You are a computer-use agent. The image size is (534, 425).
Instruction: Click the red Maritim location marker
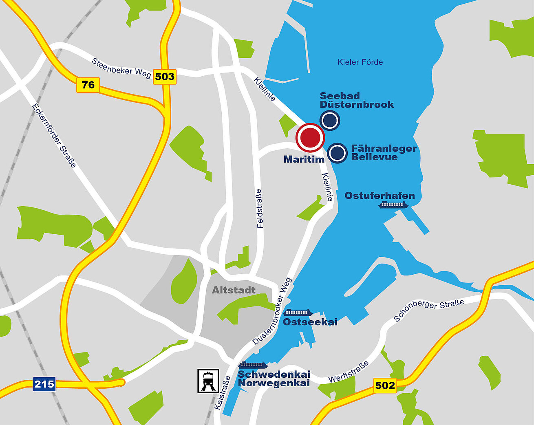[x=310, y=138]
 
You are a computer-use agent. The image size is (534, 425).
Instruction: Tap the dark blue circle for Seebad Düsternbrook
[x=330, y=120]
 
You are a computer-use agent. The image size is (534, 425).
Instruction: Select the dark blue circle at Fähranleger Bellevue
[x=337, y=153]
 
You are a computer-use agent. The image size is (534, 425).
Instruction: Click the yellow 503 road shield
[x=165, y=76]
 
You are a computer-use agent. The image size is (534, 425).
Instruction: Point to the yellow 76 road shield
[x=88, y=85]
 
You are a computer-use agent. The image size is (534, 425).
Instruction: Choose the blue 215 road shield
[x=44, y=384]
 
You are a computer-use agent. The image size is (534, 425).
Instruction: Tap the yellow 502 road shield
[x=385, y=385]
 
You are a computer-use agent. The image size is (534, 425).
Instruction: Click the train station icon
[x=208, y=381]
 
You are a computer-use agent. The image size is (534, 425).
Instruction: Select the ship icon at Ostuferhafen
[x=393, y=205]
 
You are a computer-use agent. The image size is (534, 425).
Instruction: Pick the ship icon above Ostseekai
[x=298, y=313]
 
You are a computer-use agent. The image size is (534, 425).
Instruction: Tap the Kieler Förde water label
[x=360, y=62]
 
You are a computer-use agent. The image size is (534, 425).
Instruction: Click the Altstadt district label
[x=234, y=290]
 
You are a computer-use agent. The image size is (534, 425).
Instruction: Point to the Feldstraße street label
[x=260, y=208]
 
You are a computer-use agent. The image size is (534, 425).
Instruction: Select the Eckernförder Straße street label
[x=54, y=136]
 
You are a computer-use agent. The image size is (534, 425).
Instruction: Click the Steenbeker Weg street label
[x=121, y=67]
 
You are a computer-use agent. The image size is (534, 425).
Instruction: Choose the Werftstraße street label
[x=349, y=372]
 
